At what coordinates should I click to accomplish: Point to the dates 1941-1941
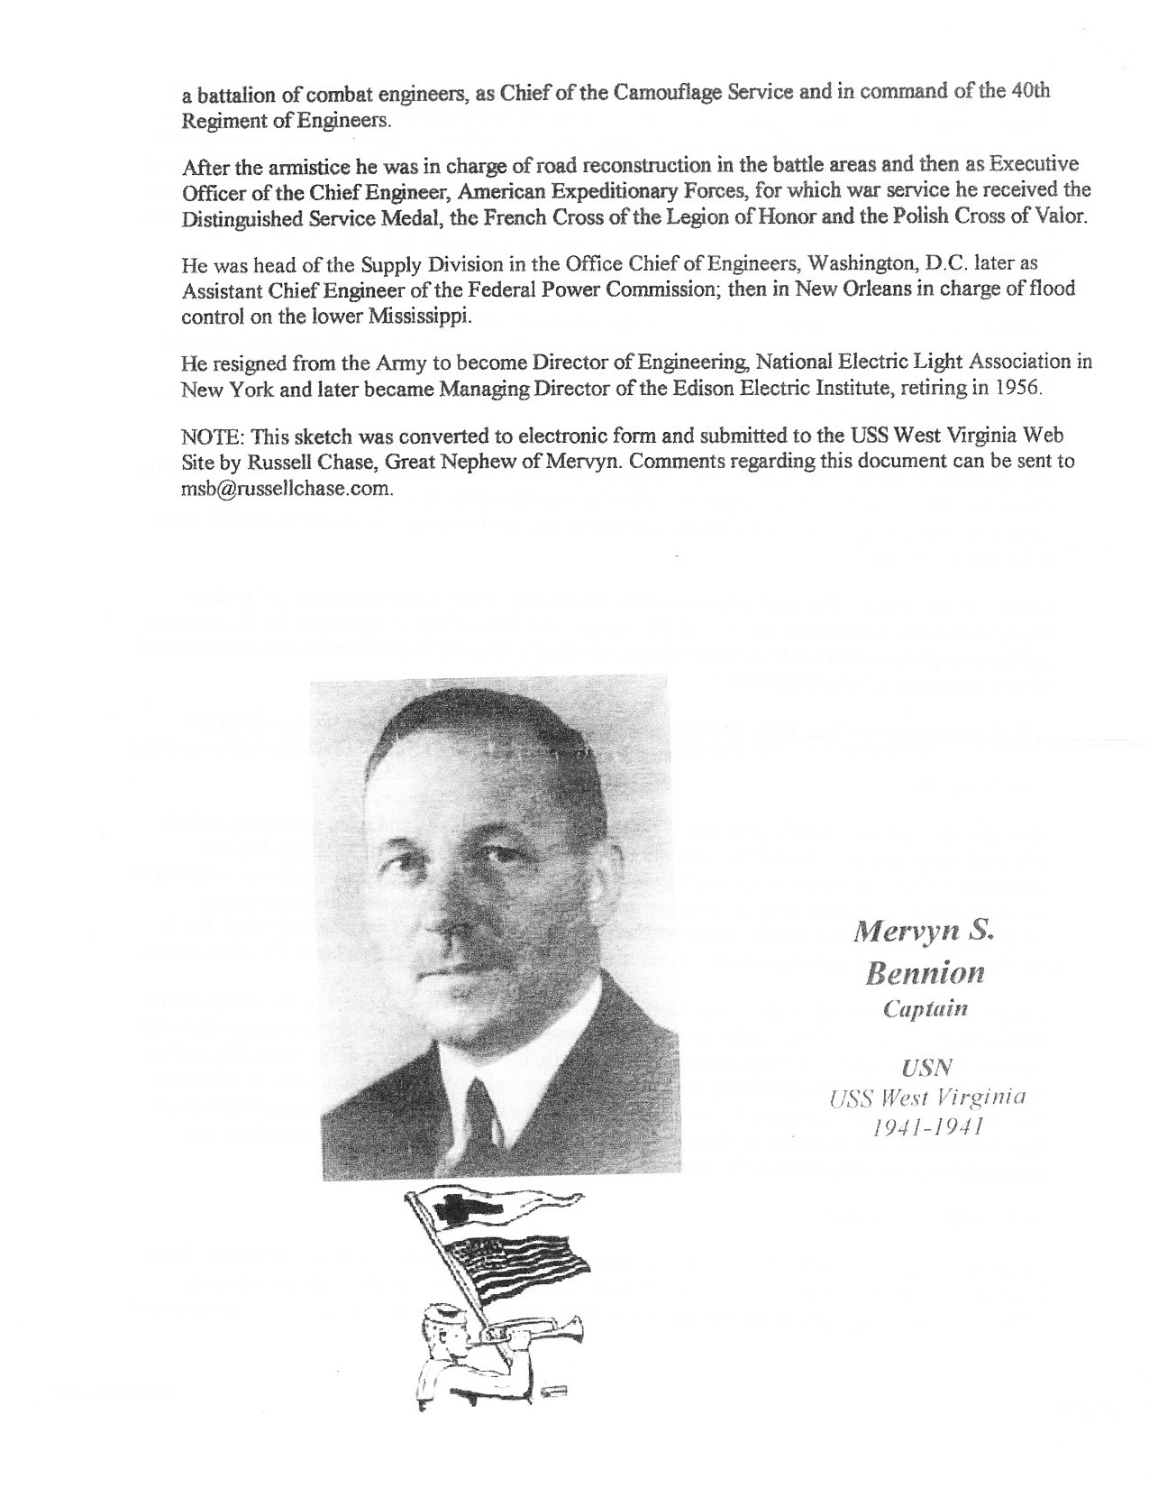pyautogui.click(x=927, y=1126)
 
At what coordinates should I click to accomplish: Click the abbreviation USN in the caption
pyautogui.click(x=926, y=1069)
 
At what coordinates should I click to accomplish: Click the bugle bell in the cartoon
pyautogui.click(x=574, y=1327)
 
